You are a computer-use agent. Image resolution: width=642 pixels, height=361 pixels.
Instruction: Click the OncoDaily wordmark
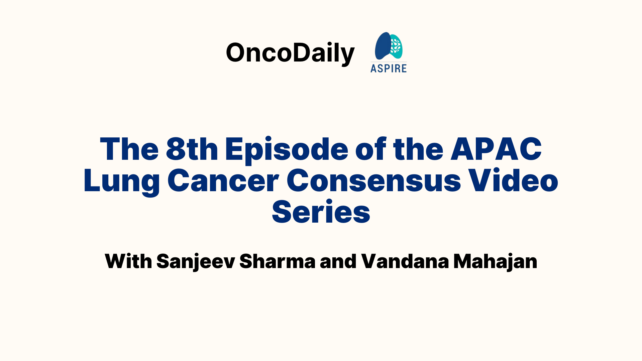(x=290, y=53)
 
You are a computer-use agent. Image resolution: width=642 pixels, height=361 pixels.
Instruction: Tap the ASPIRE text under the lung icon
(x=389, y=68)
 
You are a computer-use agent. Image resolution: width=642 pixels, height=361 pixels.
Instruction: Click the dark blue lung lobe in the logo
(x=383, y=46)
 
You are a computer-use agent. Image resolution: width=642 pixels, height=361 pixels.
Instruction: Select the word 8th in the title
(x=192, y=149)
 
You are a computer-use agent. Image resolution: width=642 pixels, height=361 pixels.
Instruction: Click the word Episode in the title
(x=287, y=150)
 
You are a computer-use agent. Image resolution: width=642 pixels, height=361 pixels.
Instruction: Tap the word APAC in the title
(x=496, y=149)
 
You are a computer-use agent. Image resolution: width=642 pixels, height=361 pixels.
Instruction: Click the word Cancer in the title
(x=223, y=180)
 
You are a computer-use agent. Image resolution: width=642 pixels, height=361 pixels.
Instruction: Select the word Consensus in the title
(x=374, y=180)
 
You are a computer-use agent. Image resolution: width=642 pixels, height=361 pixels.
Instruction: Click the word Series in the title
(x=321, y=211)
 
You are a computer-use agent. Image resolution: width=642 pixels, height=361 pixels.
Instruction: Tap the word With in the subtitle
(x=128, y=261)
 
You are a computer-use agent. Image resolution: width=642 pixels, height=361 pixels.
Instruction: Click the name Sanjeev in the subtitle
(x=196, y=262)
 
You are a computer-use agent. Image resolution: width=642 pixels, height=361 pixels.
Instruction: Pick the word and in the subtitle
(x=338, y=261)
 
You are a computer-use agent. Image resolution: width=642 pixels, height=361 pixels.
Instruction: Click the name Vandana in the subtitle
(x=405, y=261)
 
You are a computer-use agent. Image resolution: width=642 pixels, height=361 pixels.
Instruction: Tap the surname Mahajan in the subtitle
(x=495, y=262)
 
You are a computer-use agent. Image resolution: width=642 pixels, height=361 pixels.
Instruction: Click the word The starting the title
(x=129, y=149)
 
